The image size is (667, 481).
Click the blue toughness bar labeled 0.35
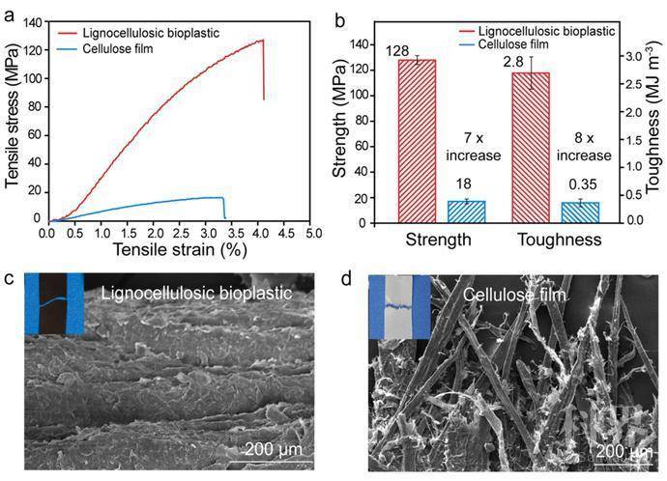pyautogui.click(x=580, y=212)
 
